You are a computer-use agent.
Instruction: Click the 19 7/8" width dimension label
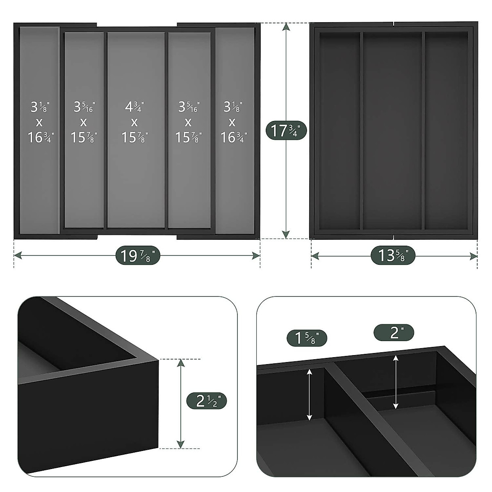(x=137, y=256)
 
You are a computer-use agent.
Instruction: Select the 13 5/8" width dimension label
(x=393, y=256)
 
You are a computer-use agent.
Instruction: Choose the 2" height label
(x=394, y=333)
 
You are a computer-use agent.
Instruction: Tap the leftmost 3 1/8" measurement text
(x=40, y=107)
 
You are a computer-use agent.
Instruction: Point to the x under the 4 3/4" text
(x=134, y=123)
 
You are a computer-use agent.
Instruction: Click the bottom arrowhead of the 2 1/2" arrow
(x=180, y=444)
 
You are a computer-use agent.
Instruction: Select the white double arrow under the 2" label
(x=395, y=382)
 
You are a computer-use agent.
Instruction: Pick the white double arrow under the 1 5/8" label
(x=310, y=394)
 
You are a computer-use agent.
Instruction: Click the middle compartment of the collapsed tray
(x=392, y=131)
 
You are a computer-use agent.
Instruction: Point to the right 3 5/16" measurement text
(x=188, y=107)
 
